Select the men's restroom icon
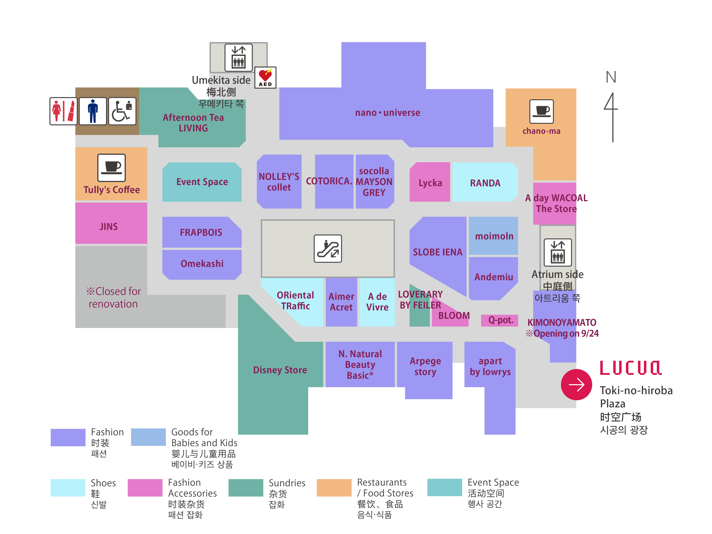[x=93, y=111]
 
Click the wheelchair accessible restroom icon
[x=122, y=111]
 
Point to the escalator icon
[x=328, y=249]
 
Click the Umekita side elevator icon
[x=238, y=57]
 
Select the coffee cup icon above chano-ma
[x=541, y=111]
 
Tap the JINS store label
[x=109, y=227]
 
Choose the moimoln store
[x=494, y=236]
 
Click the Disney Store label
[x=280, y=370]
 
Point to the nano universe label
[x=388, y=113]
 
